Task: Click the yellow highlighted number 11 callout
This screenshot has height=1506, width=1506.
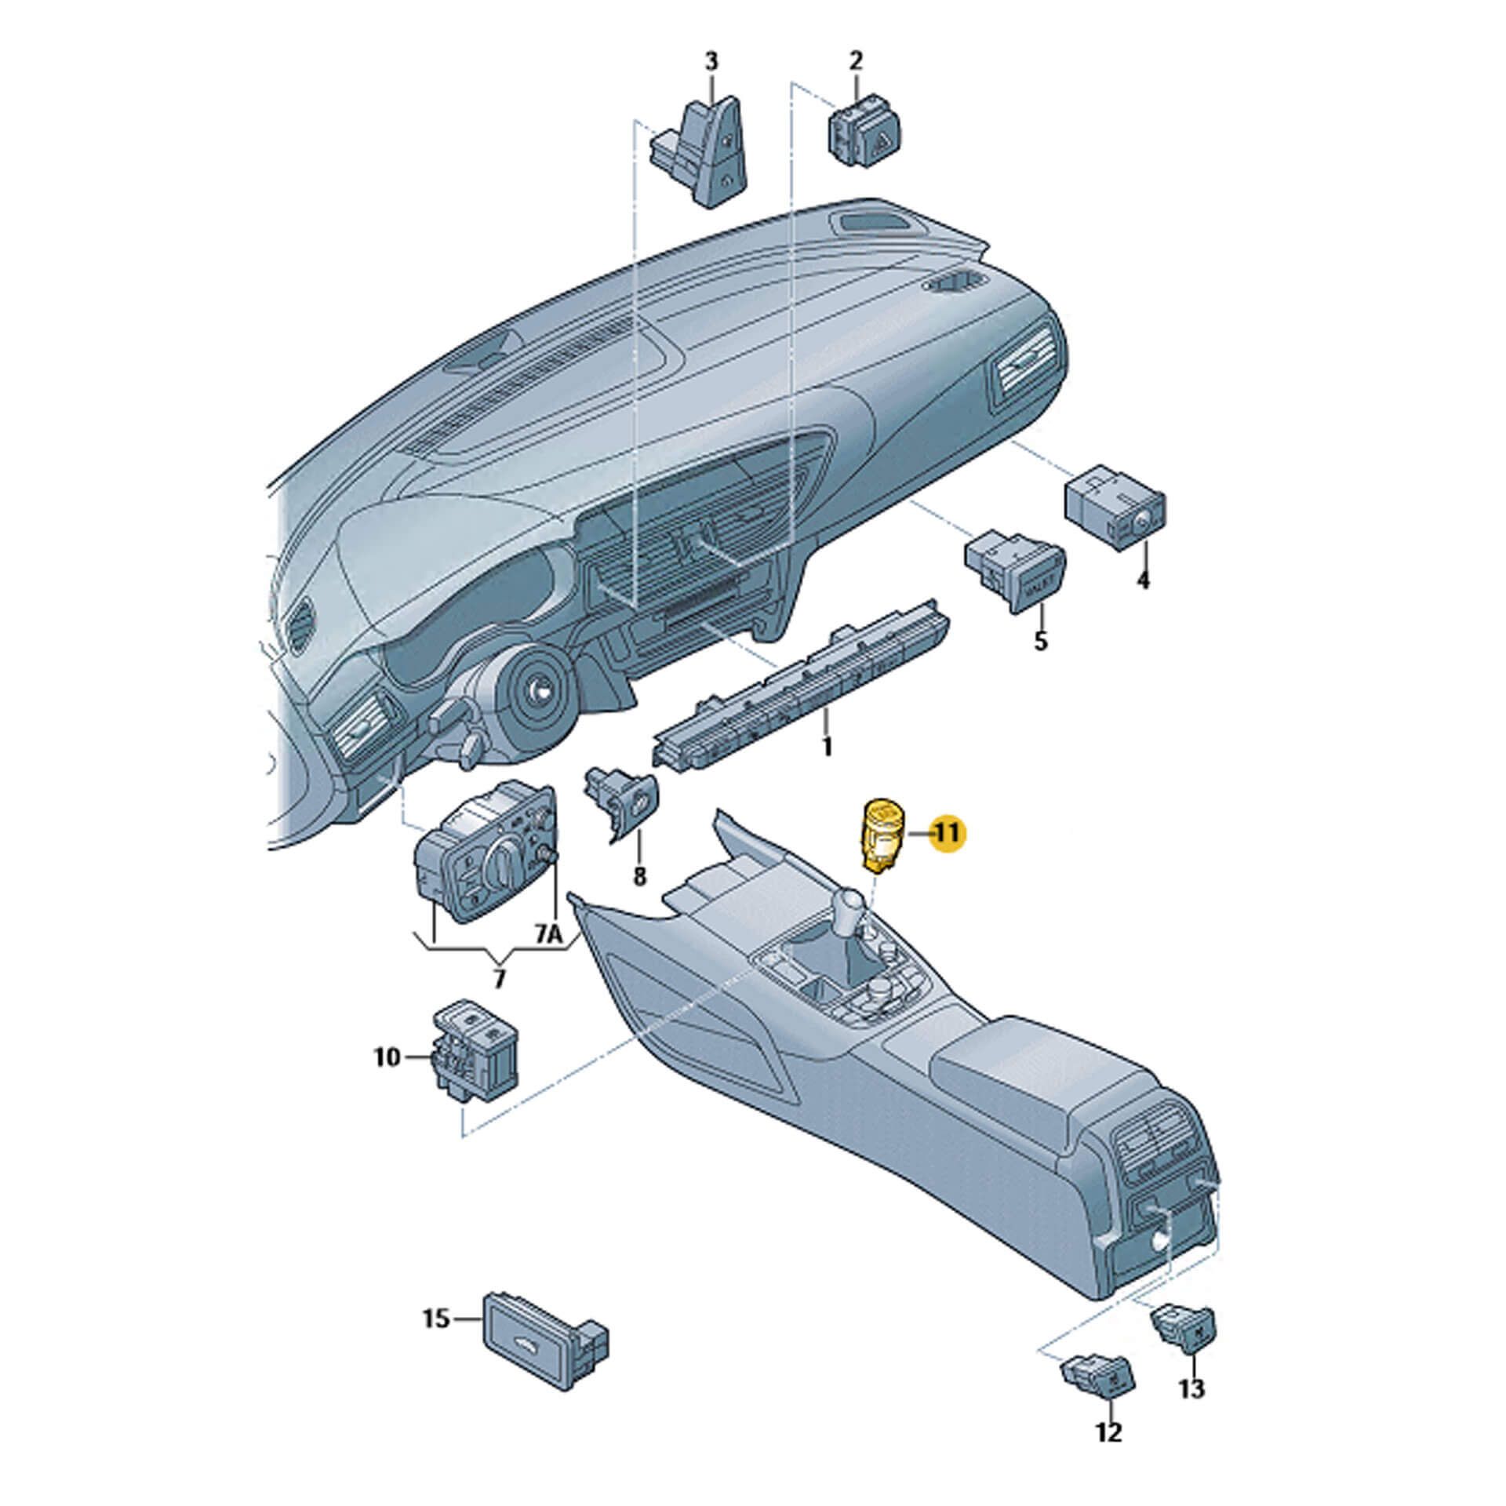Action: coord(948,834)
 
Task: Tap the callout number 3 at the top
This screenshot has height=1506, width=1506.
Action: coord(711,62)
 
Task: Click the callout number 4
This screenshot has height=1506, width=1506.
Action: coord(1143,581)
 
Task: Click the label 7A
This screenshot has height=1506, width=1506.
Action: coord(550,934)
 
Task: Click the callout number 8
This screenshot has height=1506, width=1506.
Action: coord(639,875)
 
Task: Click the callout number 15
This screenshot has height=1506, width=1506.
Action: coord(436,1319)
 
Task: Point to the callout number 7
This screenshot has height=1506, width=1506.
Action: coord(499,978)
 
